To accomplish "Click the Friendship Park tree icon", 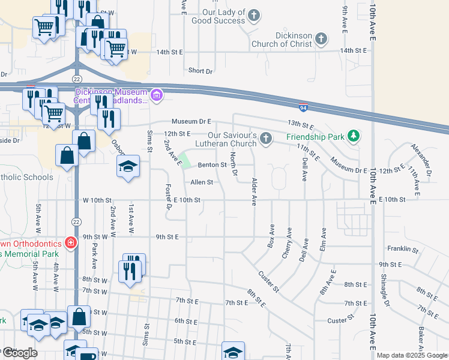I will pyautogui.click(x=354, y=136).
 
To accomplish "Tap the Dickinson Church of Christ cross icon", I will pyautogui.click(x=321, y=40).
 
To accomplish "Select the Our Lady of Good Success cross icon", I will pyautogui.click(x=254, y=16).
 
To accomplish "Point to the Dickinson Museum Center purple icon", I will pyautogui.click(x=157, y=95).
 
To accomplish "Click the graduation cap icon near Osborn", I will pyautogui.click(x=128, y=166).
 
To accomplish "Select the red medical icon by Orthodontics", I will pyautogui.click(x=71, y=243).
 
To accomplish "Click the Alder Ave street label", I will pyautogui.click(x=254, y=192).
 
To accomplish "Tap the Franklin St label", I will pyautogui.click(x=402, y=248).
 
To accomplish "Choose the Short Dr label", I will pyautogui.click(x=200, y=71).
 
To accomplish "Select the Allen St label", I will pyautogui.click(x=202, y=182).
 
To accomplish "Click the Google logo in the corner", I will pyautogui.click(x=20, y=352).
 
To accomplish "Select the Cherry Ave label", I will pyautogui.click(x=287, y=243).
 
